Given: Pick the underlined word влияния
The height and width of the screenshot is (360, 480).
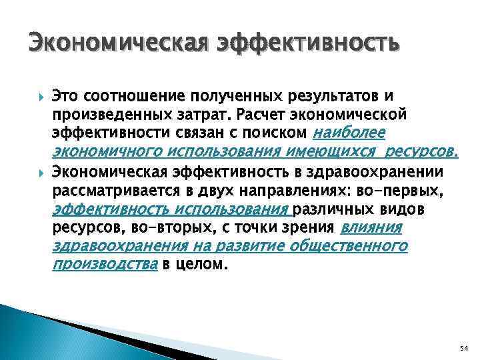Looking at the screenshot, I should point(371,229).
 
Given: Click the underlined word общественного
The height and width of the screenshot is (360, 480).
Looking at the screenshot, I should point(351,247).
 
